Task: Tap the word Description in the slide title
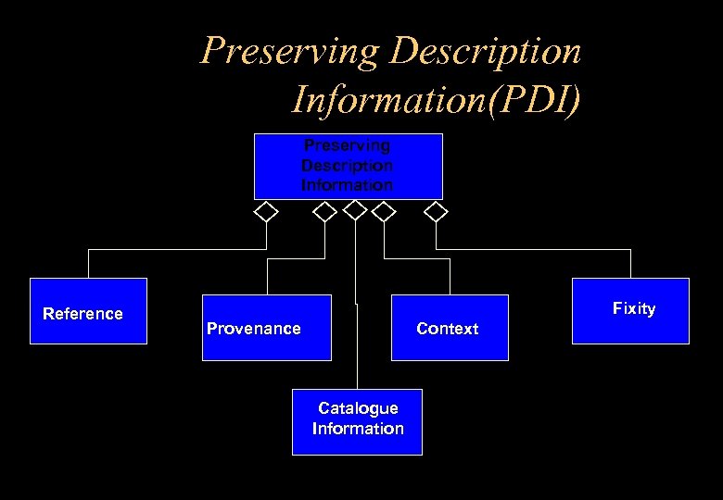coord(486,51)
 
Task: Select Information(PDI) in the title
coord(436,97)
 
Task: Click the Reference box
coord(88,311)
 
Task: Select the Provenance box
coord(267,327)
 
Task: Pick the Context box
coord(450,327)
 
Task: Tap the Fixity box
coord(630,310)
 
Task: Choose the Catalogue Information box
coord(357,421)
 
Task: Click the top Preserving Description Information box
coord(348,167)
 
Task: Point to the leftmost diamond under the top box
coord(266,212)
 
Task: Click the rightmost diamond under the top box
coord(435,212)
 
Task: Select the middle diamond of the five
coord(355,210)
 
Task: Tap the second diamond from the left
coord(324,212)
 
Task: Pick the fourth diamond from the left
coord(383,212)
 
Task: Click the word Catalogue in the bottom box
coord(358,408)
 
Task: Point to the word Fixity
coord(634,308)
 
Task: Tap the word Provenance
coord(253,329)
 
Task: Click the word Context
coord(448,329)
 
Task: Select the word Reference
coord(82,314)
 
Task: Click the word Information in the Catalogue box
coord(358,429)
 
